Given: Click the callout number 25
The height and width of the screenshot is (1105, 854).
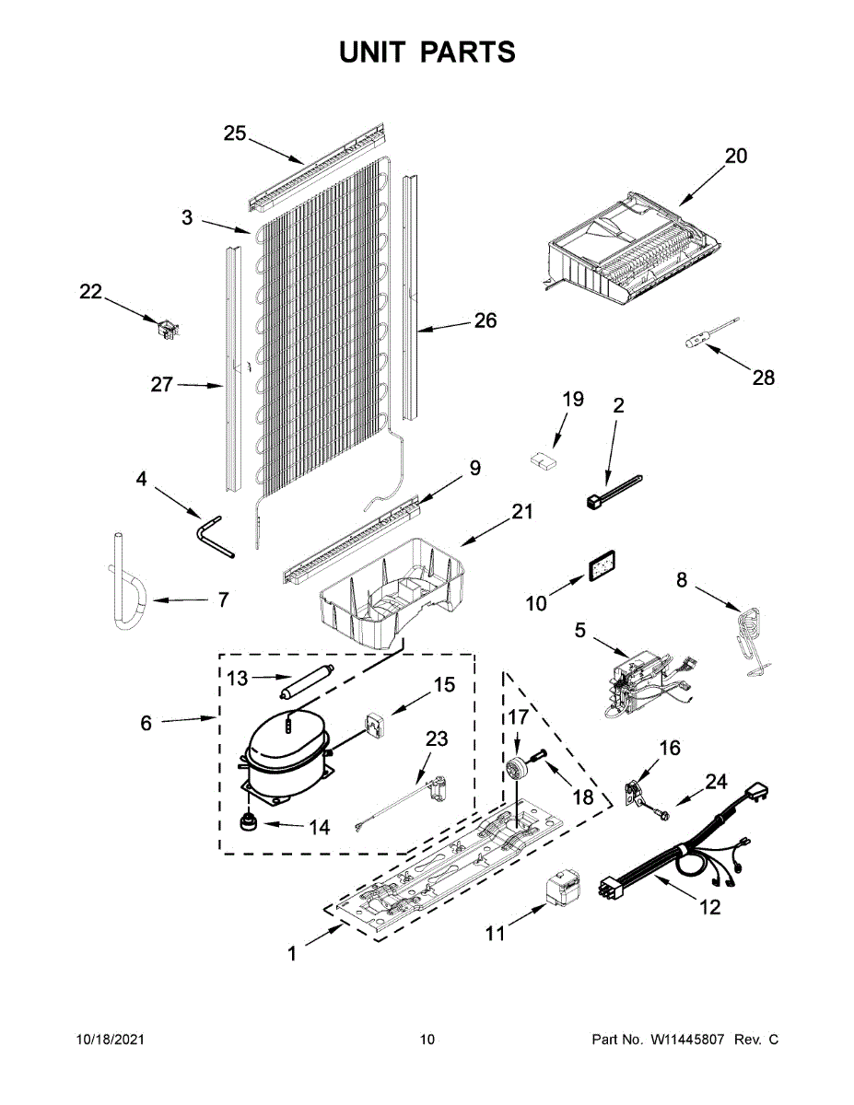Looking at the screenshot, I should [235, 134].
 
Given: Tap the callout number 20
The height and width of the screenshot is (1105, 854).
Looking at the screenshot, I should [735, 157].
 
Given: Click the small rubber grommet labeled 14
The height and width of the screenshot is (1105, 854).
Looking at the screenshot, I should [248, 822].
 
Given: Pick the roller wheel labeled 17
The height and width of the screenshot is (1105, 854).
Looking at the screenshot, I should [519, 767].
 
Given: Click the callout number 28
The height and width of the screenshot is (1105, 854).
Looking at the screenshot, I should [764, 378].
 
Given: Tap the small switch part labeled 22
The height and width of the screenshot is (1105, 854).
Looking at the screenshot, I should [167, 328].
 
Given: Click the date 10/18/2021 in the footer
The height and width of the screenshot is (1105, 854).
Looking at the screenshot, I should [110, 1040].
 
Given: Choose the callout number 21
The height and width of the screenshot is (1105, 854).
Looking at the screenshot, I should [522, 512].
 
